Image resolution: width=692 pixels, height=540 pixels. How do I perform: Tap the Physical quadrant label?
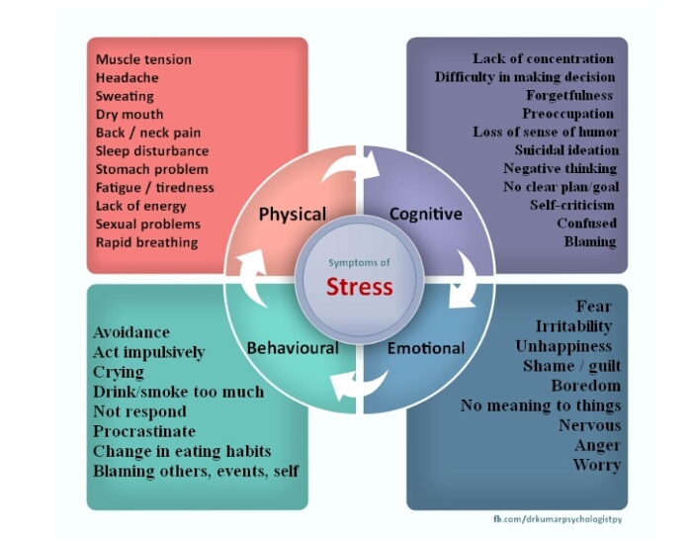[292, 215]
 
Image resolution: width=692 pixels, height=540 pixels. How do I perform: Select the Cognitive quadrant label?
[425, 214]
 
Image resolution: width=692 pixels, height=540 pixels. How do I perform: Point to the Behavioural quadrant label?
[292, 348]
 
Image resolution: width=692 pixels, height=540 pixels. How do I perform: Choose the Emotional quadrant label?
[425, 348]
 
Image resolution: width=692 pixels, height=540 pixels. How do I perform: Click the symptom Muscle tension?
[143, 59]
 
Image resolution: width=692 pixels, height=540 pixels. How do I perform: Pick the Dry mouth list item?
[130, 115]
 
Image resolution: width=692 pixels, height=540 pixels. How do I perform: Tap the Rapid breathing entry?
[146, 242]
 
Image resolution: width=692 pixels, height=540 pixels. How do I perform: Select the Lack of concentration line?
[544, 59]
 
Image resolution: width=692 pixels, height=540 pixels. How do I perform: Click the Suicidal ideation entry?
[566, 150]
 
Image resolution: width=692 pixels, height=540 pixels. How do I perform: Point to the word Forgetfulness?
[569, 96]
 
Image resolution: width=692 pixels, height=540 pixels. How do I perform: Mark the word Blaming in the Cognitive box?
[590, 241]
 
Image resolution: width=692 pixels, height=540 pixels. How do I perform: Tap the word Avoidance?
[131, 332]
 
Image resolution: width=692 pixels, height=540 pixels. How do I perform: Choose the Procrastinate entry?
[144, 431]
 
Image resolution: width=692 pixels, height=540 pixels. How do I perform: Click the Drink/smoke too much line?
[178, 392]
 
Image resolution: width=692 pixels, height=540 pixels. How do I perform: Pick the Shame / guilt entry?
[571, 366]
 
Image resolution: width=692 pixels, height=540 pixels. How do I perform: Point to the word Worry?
[596, 465]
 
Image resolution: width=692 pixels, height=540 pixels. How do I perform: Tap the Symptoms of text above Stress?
[360, 262]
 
